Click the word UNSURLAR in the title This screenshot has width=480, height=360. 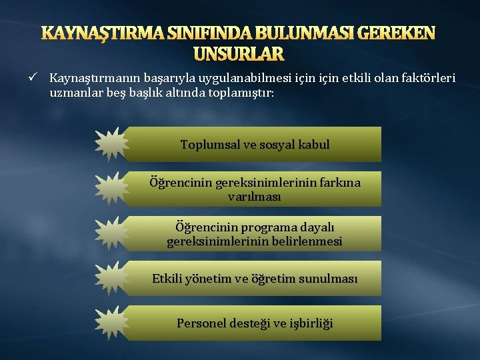tap(239, 53)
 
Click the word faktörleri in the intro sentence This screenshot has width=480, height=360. tap(424, 79)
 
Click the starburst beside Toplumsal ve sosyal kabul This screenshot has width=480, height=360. tap(110, 144)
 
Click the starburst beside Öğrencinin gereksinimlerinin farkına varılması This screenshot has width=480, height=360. tap(110, 189)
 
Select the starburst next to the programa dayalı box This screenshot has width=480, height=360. tap(110, 233)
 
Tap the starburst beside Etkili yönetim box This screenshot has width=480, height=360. tap(110, 278)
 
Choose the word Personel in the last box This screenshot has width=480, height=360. tap(199, 323)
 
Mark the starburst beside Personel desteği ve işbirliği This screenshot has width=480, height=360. tap(110, 323)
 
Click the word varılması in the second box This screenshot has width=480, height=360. tap(255, 197)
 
